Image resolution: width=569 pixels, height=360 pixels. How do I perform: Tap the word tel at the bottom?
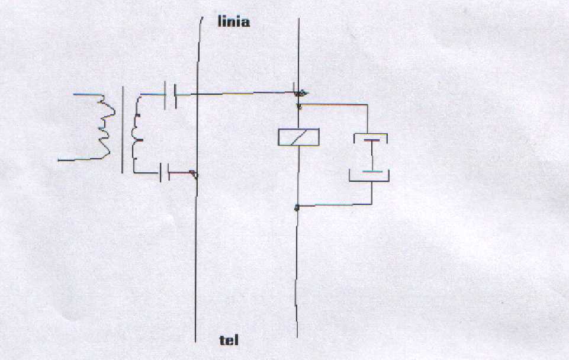coord(229,340)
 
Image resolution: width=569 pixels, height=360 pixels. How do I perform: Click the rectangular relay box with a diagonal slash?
coord(298,137)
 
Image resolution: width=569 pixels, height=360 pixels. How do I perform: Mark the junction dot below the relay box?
coord(297,207)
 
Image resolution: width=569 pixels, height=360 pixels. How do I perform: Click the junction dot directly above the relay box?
coord(298,107)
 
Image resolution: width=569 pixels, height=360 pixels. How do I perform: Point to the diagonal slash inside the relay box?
coord(298,137)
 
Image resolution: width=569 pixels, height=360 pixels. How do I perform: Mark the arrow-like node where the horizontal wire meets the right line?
coord(300,93)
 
